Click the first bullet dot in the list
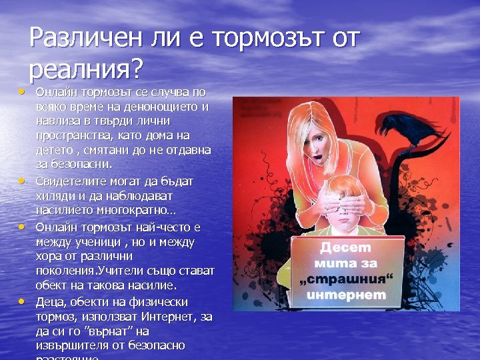click(x=22, y=89)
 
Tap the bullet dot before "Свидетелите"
click(x=22, y=180)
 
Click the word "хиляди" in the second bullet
click(x=54, y=196)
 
